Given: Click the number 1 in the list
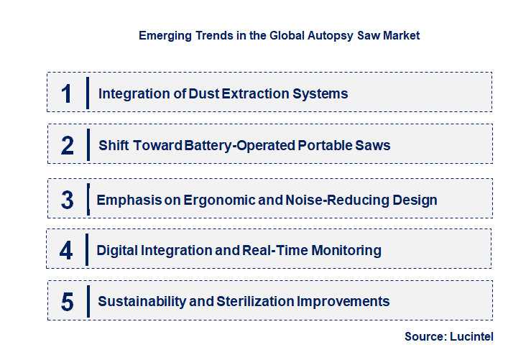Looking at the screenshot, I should [x=67, y=93].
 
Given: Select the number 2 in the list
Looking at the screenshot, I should [x=68, y=145].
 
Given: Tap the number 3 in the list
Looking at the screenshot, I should [x=67, y=200].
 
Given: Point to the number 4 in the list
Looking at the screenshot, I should [x=66, y=250].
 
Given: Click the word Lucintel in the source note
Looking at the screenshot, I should [x=471, y=336].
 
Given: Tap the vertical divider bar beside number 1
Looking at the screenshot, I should [x=87, y=93].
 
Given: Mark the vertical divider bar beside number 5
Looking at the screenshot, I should [x=87, y=301].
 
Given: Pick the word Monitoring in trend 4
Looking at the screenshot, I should [x=345, y=250].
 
